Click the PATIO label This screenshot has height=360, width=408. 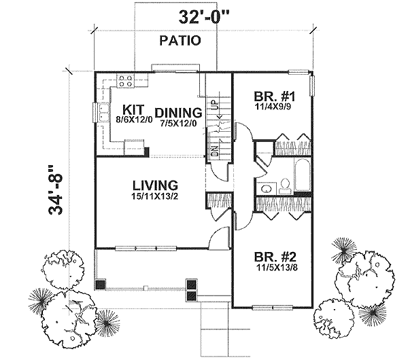[180, 41]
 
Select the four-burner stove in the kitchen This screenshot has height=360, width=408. [126, 82]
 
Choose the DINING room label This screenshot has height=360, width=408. [178, 113]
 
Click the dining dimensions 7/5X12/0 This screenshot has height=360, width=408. [178, 124]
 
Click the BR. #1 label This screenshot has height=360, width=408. [271, 96]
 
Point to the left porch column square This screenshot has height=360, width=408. [101, 286]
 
